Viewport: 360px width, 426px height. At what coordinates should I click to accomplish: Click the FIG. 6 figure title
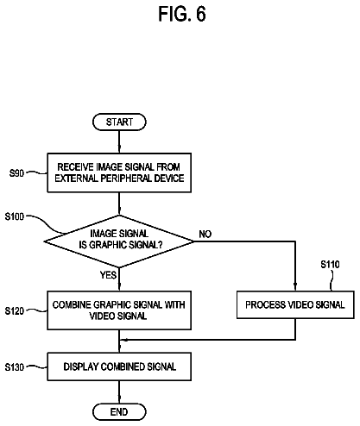pyautogui.click(x=182, y=14)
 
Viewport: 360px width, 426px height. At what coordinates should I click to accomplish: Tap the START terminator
pyautogui.click(x=119, y=122)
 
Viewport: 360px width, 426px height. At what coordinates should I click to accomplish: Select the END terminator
pyautogui.click(x=119, y=412)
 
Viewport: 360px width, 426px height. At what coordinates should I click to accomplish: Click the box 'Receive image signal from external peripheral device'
pyautogui.click(x=119, y=172)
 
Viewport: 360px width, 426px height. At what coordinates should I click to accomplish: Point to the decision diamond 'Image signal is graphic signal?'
pyautogui.click(x=119, y=241)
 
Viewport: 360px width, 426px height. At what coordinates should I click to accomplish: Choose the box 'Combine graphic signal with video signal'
pyautogui.click(x=119, y=310)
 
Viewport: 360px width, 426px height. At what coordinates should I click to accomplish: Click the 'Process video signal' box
pyautogui.click(x=295, y=305)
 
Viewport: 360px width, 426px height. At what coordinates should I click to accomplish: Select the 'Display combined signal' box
pyautogui.click(x=119, y=366)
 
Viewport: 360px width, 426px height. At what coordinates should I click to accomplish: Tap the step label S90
pyautogui.click(x=16, y=173)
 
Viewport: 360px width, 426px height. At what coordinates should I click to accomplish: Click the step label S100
pyautogui.click(x=15, y=216)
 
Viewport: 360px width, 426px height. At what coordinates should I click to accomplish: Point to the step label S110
pyautogui.click(x=330, y=264)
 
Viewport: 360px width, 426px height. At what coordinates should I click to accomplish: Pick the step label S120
pyautogui.click(x=15, y=310)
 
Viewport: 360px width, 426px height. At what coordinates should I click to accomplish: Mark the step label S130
pyautogui.click(x=15, y=367)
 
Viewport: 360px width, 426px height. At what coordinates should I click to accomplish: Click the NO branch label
pyautogui.click(x=205, y=235)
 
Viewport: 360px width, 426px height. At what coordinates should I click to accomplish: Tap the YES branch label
pyautogui.click(x=109, y=275)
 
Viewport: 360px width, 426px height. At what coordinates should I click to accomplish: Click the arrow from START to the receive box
pyautogui.click(x=119, y=141)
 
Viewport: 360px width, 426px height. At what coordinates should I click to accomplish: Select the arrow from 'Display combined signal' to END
pyautogui.click(x=119, y=392)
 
